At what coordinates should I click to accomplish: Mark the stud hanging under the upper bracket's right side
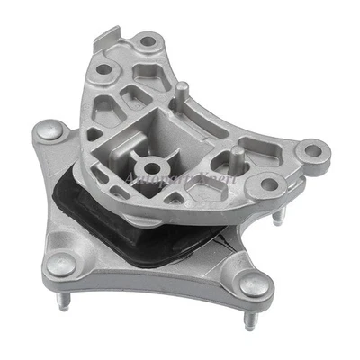(284, 216)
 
